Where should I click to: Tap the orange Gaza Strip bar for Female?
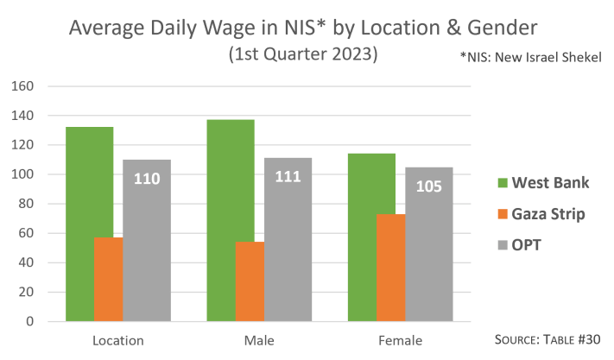click(390, 268)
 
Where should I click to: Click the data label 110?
click(147, 179)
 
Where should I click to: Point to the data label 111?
click(288, 177)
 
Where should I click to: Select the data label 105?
click(429, 186)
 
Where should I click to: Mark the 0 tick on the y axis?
click(29, 321)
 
